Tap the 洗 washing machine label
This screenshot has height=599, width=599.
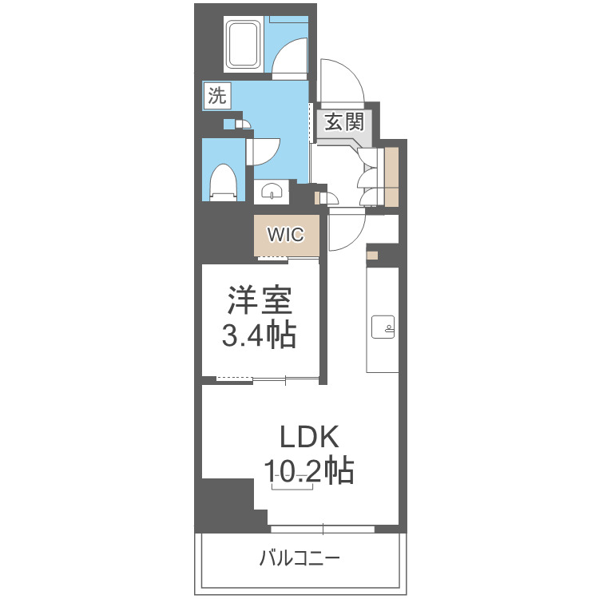tap(216, 97)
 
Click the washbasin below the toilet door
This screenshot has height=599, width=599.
tap(272, 192)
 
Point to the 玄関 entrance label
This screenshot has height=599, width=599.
tap(344, 121)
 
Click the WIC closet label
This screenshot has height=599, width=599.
tap(285, 235)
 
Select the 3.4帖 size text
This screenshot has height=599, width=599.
tap(259, 335)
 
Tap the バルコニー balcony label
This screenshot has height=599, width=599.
tap(299, 557)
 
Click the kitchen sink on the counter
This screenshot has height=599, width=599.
tap(383, 326)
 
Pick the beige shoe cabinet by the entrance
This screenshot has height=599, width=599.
tap(391, 176)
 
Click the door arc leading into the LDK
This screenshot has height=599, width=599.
tap(345, 232)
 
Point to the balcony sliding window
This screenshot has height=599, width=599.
tap(322, 529)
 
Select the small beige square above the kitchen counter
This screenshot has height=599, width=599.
tap(372, 255)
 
